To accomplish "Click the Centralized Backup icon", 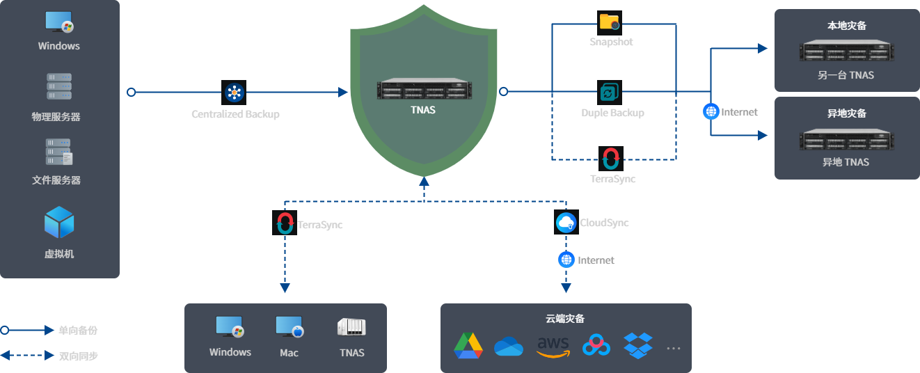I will pos(235,92).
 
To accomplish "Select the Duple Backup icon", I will pos(609,92).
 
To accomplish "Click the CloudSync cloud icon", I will pos(566,223).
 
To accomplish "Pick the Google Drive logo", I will pos(468,345).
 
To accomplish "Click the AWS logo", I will pos(553,346).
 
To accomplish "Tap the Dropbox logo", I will pos(638,345).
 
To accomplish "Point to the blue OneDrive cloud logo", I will pos(509,346).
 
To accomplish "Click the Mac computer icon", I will pos(289,326).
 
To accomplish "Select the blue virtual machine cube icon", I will pos(59,222).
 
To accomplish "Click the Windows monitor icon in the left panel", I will pos(59,22).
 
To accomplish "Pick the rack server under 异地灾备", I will pos(846,139).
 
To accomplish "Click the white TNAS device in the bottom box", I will pos(351,327).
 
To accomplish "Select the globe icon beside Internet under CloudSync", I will pos(566,260).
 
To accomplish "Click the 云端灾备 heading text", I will pos(565,319).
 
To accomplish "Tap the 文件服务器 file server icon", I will pos(59,152).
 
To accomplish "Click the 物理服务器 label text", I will pos(56,117).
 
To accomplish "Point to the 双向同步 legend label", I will pos(79,356).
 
